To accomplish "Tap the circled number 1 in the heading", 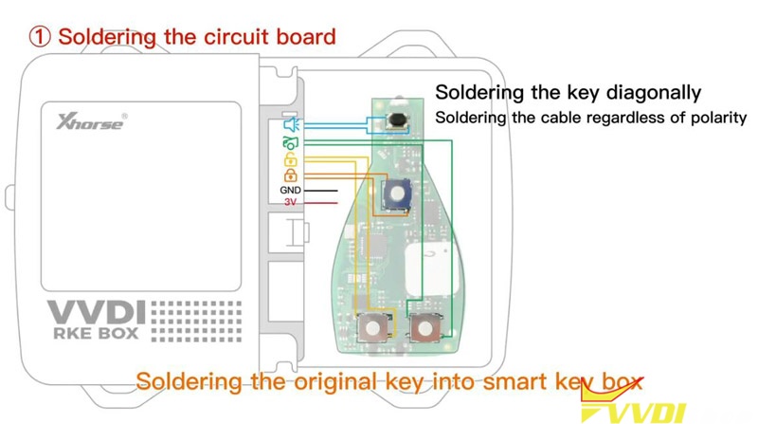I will pyautogui.click(x=39, y=37).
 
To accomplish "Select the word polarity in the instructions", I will pyautogui.click(x=715, y=118).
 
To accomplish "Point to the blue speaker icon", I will pyautogui.click(x=290, y=123).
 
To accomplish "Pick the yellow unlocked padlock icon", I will pyautogui.click(x=290, y=159).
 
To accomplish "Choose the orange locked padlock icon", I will pyautogui.click(x=290, y=175).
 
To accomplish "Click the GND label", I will pyautogui.click(x=290, y=191).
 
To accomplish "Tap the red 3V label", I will pyautogui.click(x=290, y=202).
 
